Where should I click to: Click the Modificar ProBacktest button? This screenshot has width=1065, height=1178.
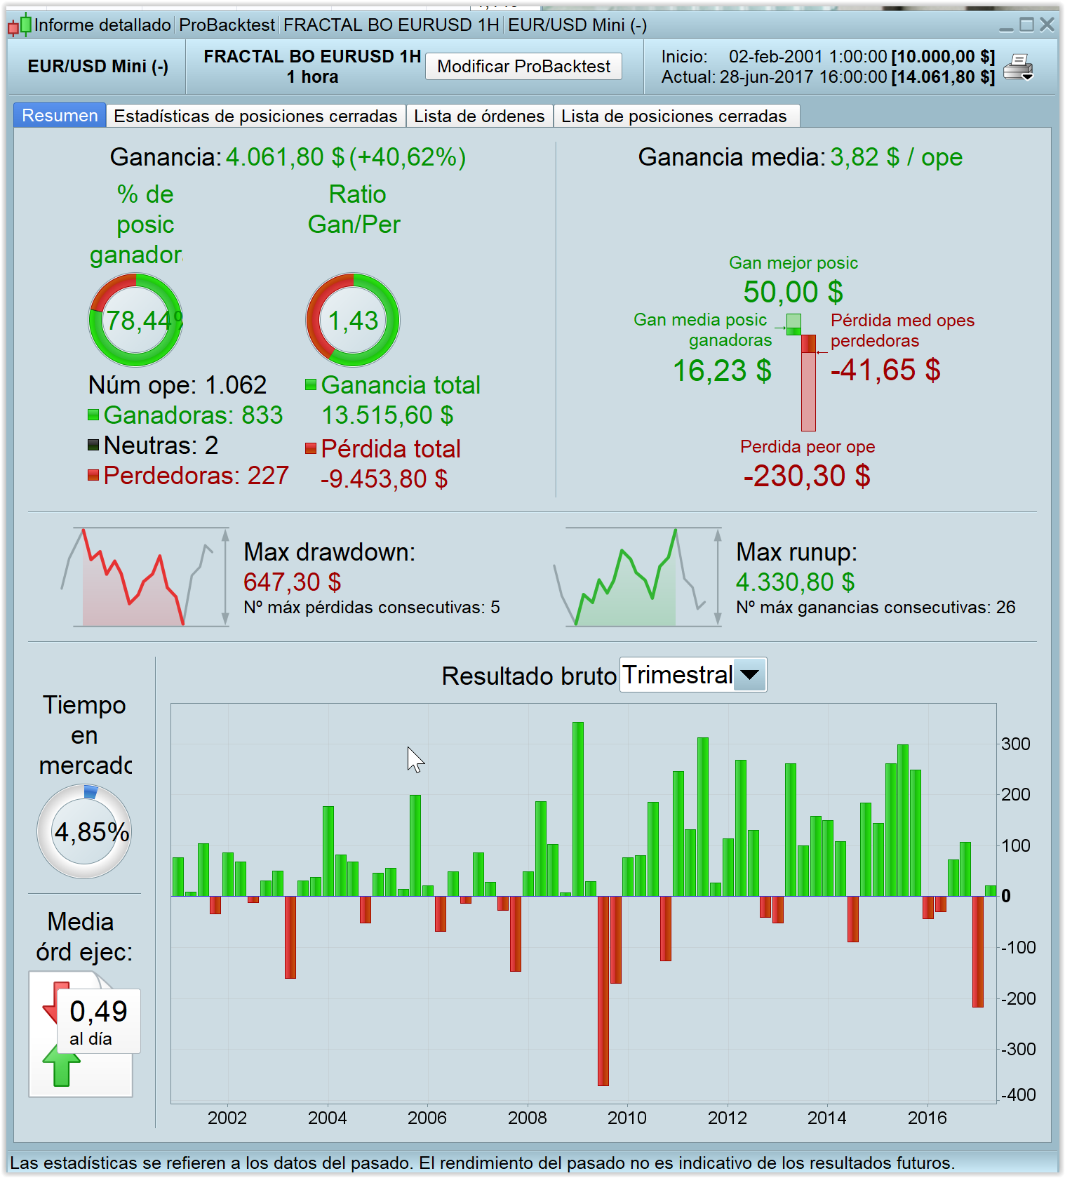(523, 67)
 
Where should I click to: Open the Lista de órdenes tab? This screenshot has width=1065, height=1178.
(479, 116)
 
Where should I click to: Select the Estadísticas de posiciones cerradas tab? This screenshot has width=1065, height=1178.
(255, 116)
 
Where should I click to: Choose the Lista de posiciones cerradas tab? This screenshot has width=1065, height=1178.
(674, 116)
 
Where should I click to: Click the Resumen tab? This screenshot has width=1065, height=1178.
(60, 116)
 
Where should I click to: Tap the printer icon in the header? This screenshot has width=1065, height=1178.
(1018, 67)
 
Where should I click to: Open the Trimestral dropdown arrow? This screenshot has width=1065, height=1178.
(749, 675)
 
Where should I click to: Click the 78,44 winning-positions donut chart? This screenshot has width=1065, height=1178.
(135, 320)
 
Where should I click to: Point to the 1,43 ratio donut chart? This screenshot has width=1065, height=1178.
(353, 320)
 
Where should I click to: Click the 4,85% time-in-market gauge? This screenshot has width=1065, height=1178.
(84, 831)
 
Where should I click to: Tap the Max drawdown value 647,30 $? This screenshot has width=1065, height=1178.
(292, 582)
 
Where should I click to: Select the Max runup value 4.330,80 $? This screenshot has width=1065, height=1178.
(795, 582)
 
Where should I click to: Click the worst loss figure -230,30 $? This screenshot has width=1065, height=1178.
(807, 476)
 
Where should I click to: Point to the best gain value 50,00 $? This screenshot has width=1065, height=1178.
(793, 292)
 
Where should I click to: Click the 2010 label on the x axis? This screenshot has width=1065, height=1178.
(627, 1118)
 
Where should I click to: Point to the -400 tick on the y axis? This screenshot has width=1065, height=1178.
(1018, 1095)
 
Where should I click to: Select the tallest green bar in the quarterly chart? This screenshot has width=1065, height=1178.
(578, 809)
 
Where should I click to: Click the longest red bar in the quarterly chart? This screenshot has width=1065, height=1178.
(603, 991)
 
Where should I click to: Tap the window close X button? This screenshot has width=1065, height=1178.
(1047, 25)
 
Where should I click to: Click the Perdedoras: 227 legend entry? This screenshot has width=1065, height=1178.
(196, 476)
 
